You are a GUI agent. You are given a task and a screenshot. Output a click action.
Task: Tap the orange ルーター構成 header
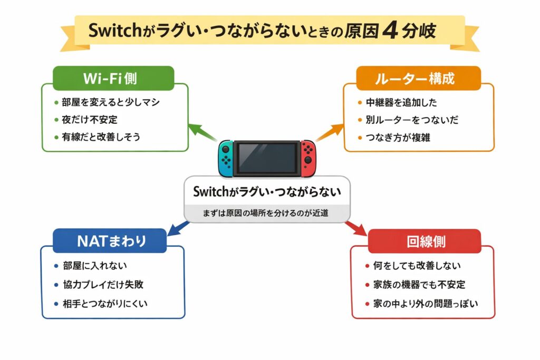point(418,78)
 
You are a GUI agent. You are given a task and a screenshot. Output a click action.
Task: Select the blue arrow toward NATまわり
point(178,228)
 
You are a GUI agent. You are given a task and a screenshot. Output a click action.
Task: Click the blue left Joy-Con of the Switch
point(225,158)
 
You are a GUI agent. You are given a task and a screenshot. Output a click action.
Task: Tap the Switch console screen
point(266,157)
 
